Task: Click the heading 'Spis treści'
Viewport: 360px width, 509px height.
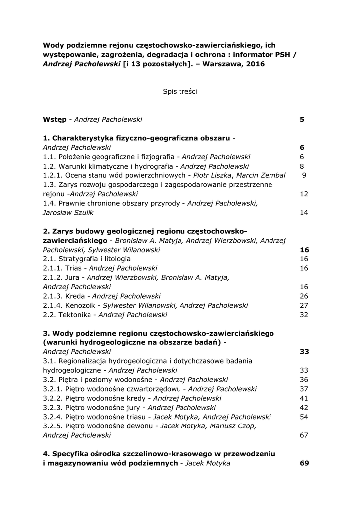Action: [180, 91]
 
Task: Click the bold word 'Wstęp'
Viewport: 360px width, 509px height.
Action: [54, 119]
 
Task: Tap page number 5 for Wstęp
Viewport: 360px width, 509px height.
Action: [302, 119]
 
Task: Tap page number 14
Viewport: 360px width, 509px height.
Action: [304, 212]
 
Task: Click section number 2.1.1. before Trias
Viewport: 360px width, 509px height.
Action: [53, 268]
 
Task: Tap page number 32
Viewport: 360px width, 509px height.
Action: [304, 315]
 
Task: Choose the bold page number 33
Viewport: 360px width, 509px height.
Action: [304, 351]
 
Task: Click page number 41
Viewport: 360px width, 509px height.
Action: [304, 398]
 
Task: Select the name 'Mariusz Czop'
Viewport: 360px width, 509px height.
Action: [234, 426]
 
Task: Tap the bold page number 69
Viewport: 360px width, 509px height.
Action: [304, 463]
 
